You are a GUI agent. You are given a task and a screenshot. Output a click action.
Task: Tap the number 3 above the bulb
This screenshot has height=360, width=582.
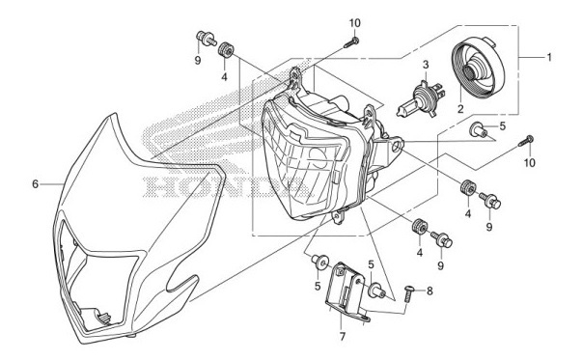point(423,65)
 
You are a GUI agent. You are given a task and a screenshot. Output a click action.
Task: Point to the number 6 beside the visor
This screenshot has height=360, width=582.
point(35,183)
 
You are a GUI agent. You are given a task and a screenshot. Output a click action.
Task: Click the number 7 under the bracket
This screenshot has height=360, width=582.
point(343,338)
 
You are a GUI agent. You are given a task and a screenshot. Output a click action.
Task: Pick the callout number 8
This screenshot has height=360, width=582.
point(430,290)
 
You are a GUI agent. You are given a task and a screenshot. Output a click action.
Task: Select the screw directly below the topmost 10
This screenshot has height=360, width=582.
point(352,41)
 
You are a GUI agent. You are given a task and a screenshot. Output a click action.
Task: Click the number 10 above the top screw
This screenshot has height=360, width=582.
point(354,22)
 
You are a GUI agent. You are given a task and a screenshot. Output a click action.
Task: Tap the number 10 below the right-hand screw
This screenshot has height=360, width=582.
point(528,162)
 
